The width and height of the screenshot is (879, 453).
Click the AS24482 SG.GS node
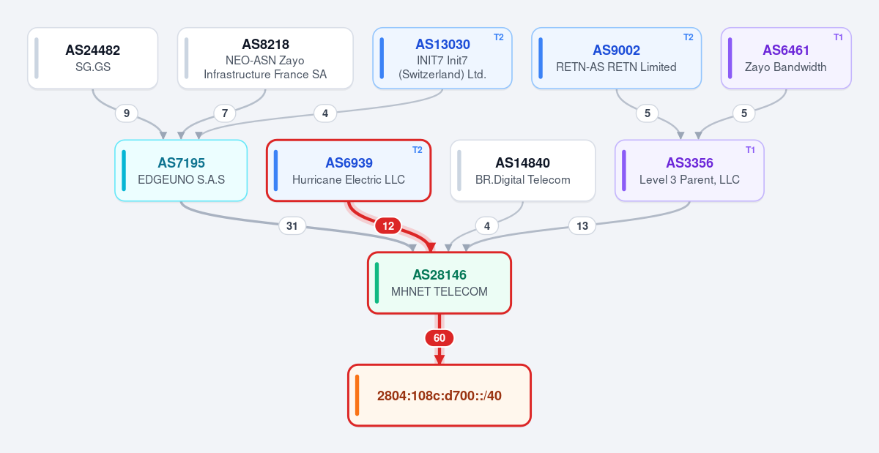tap(92, 58)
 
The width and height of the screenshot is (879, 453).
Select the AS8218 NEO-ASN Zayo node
tap(265, 58)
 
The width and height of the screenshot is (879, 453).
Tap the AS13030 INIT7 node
tap(442, 58)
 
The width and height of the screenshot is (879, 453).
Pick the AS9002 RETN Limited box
tap(616, 58)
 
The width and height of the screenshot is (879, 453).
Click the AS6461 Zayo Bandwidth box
tap(786, 58)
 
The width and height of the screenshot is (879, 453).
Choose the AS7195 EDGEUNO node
tap(181, 171)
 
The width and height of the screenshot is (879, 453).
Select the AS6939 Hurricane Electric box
tap(349, 171)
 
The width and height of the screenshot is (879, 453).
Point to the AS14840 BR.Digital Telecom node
tap(523, 171)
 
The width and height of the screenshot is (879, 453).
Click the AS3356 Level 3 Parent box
tap(689, 171)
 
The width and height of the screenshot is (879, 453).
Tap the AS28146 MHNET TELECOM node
tap(439, 282)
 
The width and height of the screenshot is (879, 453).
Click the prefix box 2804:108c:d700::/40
tap(439, 395)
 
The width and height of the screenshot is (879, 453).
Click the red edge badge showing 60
tap(439, 338)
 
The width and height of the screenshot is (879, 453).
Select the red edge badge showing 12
tap(388, 226)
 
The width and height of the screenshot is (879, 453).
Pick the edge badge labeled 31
tap(292, 226)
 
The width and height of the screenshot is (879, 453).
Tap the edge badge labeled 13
tap(582, 226)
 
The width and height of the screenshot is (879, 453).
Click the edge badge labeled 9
tap(126, 113)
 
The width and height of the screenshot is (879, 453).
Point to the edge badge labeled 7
tap(225, 113)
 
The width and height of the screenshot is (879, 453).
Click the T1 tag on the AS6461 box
tap(838, 37)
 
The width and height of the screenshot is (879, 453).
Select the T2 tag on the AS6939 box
tap(418, 150)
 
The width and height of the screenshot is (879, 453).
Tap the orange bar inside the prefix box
tap(357, 395)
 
